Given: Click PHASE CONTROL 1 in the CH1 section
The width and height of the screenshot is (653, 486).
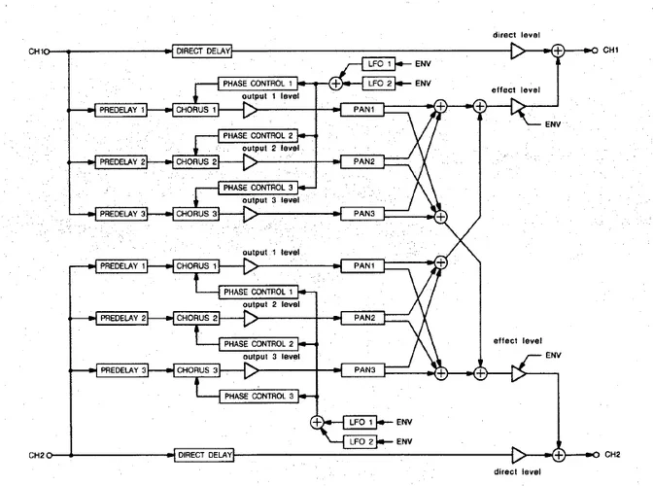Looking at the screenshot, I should point(257,85).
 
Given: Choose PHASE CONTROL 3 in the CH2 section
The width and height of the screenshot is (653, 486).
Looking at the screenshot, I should point(257,396).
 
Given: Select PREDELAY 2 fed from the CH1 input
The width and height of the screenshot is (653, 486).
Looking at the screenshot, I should point(121,161).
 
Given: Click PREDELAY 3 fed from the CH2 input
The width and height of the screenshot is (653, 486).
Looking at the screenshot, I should point(121,370).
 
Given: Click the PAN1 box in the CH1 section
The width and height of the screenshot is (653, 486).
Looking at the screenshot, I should point(363,110).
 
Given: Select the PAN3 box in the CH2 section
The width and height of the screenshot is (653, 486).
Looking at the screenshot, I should point(363,370).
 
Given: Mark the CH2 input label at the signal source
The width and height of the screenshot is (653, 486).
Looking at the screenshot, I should point(36,454).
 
